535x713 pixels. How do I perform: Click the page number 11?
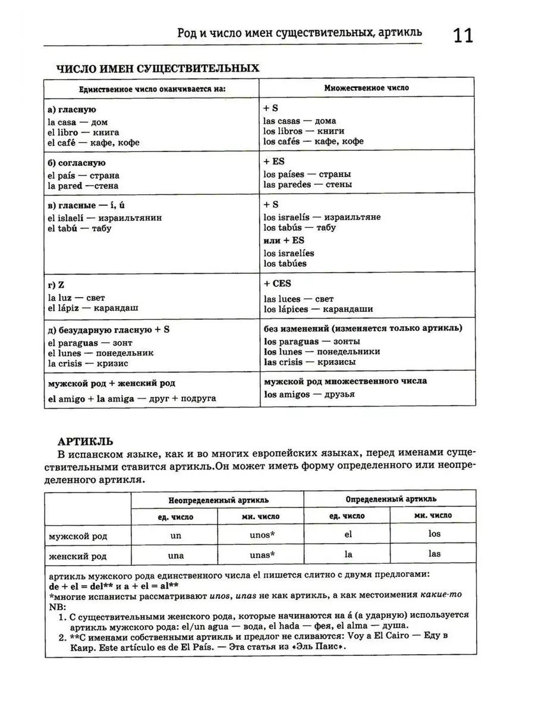coord(463,36)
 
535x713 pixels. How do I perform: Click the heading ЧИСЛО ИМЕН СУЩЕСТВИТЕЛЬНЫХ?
coord(158,68)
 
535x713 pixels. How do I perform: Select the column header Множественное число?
coord(366,88)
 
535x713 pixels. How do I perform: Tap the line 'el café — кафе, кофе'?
coord(93,143)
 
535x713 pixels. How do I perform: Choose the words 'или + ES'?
coord(284,241)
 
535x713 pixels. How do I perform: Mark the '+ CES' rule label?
coord(278,284)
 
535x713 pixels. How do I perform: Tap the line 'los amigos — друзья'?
coord(309,395)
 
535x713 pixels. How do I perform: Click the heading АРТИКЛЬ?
coord(86,441)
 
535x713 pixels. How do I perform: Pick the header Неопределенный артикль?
coord(218,500)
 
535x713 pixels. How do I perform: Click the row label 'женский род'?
coord(78,556)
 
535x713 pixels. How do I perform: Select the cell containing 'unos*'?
coord(262,535)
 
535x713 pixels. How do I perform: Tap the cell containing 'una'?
coord(176,556)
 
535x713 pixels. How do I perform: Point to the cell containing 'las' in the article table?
coord(435,554)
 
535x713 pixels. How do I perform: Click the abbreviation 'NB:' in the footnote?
coord(57,605)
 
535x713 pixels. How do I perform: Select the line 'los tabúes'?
coord(285,263)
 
